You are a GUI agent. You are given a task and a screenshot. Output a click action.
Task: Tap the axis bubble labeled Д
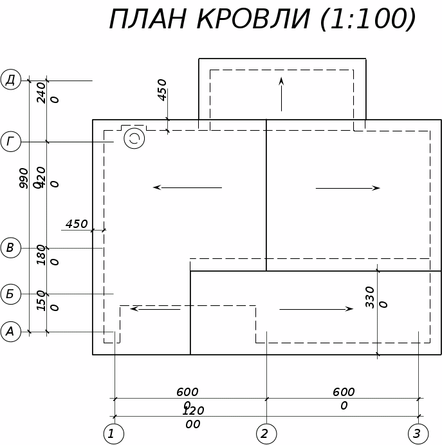point(11,80)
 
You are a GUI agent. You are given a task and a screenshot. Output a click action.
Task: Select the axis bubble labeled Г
point(11,142)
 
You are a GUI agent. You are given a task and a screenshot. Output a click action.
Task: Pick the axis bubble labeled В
point(11,248)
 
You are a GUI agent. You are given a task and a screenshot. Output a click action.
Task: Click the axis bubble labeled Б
point(11,294)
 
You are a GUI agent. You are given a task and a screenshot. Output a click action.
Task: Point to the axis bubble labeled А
point(11,332)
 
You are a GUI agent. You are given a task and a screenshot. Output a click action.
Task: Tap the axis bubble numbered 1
point(113,433)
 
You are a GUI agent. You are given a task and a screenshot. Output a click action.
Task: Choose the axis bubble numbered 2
point(266,433)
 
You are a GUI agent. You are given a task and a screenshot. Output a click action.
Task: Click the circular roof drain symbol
point(134,138)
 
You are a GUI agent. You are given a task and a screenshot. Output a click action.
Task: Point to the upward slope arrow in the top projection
point(281,94)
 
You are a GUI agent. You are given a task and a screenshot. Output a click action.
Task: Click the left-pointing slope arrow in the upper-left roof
point(187,187)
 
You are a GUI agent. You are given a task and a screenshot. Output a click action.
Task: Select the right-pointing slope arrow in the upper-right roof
point(347,188)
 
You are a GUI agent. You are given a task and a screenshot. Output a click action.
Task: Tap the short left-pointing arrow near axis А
point(155,309)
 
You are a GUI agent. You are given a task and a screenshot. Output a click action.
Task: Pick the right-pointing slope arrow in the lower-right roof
point(316,309)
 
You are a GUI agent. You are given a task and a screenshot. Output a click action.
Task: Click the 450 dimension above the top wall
point(162,90)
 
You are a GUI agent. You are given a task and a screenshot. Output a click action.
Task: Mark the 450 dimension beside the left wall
point(77,224)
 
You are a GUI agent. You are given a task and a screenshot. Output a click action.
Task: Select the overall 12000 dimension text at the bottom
point(193,417)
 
